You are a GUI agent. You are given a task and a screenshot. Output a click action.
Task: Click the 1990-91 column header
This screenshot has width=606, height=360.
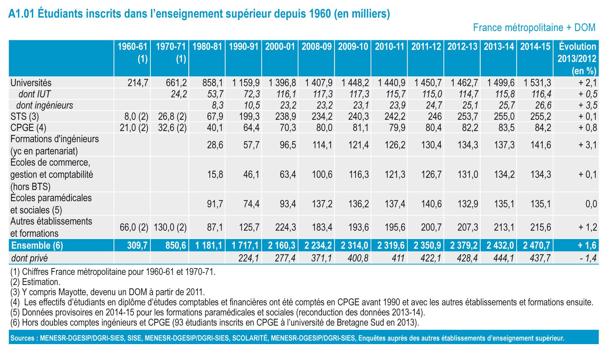pyautogui.click(x=243, y=47)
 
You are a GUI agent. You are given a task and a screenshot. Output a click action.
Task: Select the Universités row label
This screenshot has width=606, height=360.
pyautogui.click(x=31, y=83)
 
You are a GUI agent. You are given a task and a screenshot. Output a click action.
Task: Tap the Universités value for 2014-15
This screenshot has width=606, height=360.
pyautogui.click(x=537, y=83)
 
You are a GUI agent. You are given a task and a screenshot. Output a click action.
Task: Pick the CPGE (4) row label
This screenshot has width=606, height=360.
pyautogui.click(x=28, y=128)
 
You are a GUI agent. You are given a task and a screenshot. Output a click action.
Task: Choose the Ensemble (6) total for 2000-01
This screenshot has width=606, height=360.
pyautogui.click(x=282, y=245)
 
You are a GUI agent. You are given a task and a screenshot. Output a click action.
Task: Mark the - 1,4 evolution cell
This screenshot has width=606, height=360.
pyautogui.click(x=588, y=258)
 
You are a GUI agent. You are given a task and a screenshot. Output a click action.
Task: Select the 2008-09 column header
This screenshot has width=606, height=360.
pyautogui.click(x=316, y=47)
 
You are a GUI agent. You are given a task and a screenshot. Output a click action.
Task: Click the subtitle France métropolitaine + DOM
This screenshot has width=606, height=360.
pyautogui.click(x=534, y=28)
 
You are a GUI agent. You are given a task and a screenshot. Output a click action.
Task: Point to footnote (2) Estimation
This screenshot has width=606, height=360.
pyautogui.click(x=35, y=282)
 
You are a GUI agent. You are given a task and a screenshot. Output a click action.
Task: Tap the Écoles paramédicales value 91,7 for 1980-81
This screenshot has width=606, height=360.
pyautogui.click(x=215, y=204)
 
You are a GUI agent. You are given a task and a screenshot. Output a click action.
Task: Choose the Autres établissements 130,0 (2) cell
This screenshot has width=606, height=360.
pyautogui.click(x=169, y=227)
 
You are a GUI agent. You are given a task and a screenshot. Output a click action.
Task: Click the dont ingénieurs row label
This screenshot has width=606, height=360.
pyautogui.click(x=44, y=105)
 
